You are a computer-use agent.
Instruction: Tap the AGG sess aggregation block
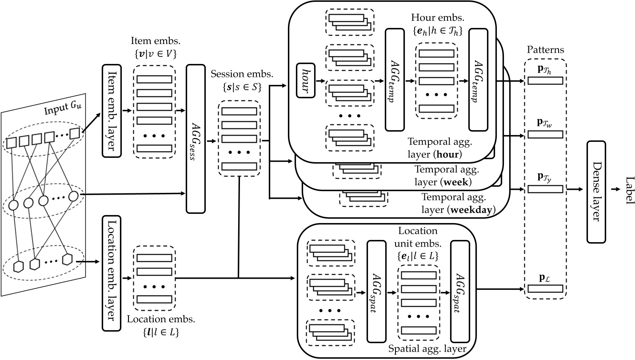[196, 139]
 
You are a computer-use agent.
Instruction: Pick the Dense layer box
[596, 192]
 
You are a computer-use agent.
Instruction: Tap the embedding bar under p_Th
[545, 80]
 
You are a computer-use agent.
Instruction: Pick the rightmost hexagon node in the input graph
[67, 259]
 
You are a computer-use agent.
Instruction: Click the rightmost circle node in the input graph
[73, 196]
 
